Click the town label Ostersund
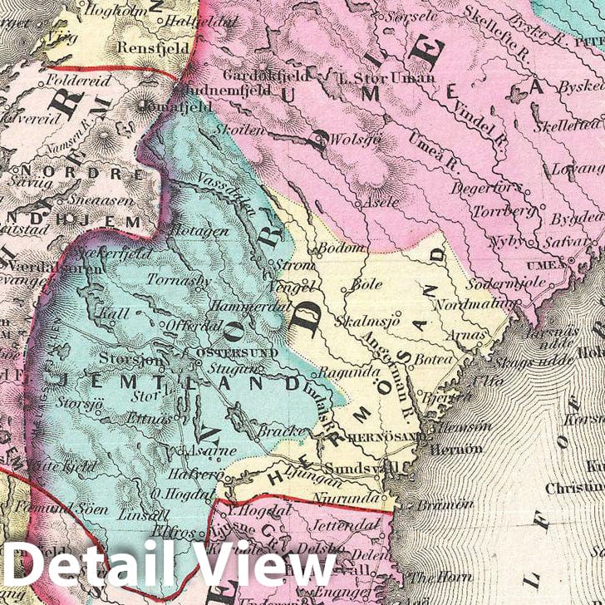tap(225, 353)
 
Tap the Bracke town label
tap(275, 431)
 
